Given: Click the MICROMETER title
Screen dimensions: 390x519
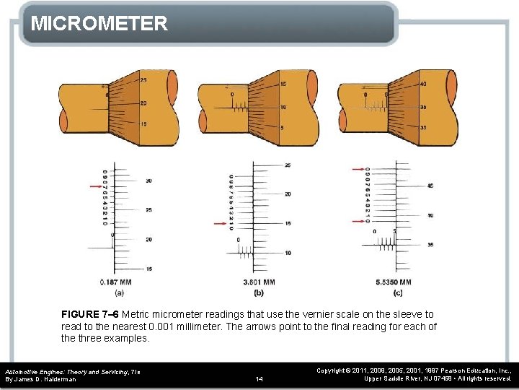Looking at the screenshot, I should (99, 23).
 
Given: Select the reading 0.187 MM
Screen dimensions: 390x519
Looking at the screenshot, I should (115, 282).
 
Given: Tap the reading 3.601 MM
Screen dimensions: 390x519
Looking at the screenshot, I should (259, 282).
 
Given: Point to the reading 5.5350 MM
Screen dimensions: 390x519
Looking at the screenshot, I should (394, 282).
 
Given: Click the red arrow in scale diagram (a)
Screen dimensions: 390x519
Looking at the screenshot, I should (94, 187).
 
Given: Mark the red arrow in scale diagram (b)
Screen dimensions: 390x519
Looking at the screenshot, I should (221, 224).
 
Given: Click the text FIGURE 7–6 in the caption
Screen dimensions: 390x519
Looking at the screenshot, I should (90, 314).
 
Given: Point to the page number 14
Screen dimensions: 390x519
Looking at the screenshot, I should (259, 378).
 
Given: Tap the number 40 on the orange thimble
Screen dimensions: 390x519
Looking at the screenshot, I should (422, 84).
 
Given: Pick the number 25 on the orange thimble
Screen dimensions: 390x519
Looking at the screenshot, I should (143, 79).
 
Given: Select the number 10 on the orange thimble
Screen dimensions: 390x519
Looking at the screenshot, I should (283, 107).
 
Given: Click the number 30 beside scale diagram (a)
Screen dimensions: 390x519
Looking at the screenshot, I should (148, 181).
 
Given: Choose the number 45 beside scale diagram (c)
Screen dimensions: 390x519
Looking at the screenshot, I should (430, 186).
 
